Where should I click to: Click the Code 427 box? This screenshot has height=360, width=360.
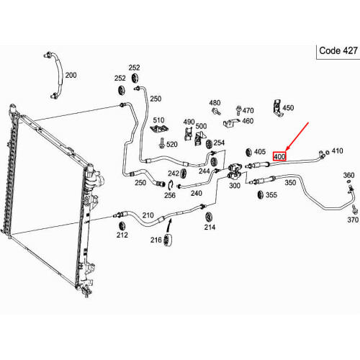[x=338, y=52]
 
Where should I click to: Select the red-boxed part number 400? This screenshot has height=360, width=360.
[x=279, y=156]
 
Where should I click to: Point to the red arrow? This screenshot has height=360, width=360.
[x=297, y=137]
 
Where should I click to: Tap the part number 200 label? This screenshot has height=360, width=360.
[x=71, y=75]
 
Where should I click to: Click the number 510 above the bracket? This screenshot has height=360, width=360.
[x=158, y=120]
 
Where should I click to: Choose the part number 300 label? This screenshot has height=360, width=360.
[x=235, y=186]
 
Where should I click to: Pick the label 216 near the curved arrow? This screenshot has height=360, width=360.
[x=156, y=240]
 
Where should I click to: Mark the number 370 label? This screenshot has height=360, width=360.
[x=353, y=220]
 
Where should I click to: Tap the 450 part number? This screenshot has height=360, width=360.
[x=288, y=108]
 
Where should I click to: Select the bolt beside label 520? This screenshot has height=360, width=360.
[x=161, y=143]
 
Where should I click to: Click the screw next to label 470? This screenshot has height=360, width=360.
[x=238, y=110]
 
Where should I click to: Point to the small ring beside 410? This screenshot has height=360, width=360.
[x=328, y=152]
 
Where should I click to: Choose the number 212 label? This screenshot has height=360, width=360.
[x=122, y=235]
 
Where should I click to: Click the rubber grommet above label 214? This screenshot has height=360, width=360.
[x=209, y=217]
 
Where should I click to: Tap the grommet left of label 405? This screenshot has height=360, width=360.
[x=248, y=153]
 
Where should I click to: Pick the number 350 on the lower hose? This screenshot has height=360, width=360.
[x=290, y=182]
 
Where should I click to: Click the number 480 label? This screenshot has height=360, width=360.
[x=215, y=103]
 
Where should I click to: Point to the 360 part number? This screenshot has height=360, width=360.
[x=348, y=175]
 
